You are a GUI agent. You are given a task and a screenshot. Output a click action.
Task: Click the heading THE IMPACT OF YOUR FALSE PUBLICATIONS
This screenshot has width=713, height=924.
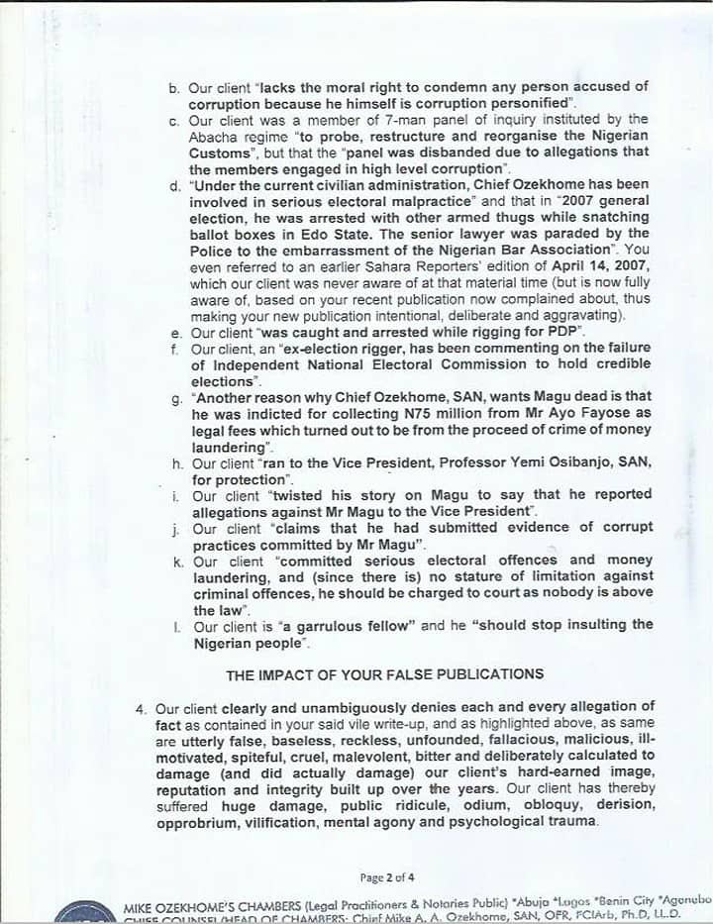[x=385, y=674]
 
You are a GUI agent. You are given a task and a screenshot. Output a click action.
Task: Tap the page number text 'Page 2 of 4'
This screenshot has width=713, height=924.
[x=387, y=877]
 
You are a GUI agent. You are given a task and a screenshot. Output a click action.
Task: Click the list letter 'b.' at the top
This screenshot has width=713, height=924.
[x=174, y=88]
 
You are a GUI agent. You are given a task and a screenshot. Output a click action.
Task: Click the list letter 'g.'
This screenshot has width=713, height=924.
[x=176, y=399]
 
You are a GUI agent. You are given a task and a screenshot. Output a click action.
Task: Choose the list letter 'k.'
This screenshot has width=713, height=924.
[x=175, y=561]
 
